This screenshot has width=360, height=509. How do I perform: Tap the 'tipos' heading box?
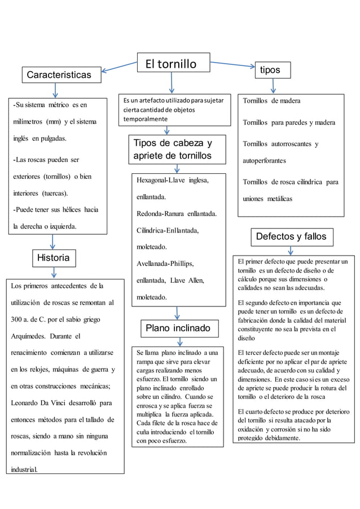(x=273, y=69)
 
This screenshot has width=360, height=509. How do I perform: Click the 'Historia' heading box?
(x=54, y=258)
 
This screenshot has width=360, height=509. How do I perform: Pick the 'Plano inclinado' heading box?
(x=178, y=328)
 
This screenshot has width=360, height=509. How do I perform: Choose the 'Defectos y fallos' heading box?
(x=291, y=236)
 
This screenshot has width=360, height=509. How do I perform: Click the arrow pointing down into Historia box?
(x=52, y=241)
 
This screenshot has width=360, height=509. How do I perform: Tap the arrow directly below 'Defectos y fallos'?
(x=291, y=251)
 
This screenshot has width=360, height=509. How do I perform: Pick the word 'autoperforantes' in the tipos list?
(x=264, y=160)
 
